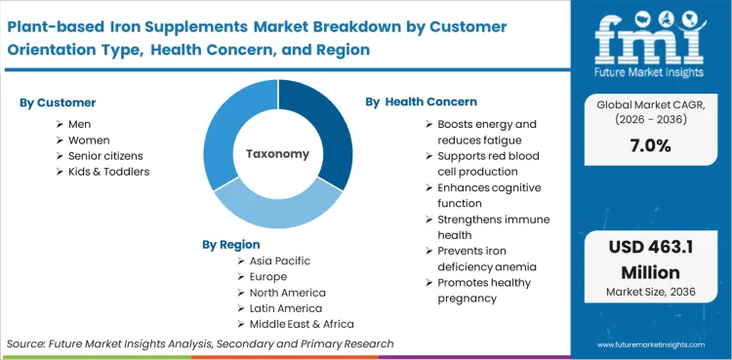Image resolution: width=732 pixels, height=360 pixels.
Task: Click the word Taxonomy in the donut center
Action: click(277, 154)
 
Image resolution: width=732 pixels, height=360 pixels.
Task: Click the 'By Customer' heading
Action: click(58, 102)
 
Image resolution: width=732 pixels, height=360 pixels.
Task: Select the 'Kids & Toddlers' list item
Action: click(108, 172)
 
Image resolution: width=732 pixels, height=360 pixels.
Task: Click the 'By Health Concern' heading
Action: click(422, 101)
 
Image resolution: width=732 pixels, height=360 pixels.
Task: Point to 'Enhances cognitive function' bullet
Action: click(488, 195)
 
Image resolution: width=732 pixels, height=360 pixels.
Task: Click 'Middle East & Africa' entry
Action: click(302, 324)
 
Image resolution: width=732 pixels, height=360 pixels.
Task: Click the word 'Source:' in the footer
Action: click(29, 344)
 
